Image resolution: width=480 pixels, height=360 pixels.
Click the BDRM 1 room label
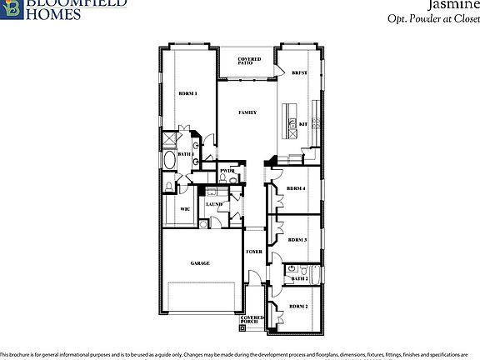[187, 93]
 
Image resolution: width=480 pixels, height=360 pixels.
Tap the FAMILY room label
[247, 112]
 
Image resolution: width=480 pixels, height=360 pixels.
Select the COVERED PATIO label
[249, 61]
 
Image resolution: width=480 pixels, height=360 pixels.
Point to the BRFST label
[300, 73]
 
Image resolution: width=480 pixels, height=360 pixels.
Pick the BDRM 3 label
[298, 240]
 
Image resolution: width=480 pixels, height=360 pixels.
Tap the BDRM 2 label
[298, 307]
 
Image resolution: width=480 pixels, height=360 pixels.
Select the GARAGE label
[200, 263]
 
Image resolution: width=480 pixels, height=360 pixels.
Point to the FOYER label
[254, 252]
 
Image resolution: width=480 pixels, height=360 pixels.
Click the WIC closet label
[185, 209]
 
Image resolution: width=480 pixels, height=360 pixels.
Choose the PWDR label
[227, 171]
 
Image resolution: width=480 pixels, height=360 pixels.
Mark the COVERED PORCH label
[252, 319]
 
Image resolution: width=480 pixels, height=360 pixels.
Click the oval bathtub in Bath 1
[171, 161]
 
